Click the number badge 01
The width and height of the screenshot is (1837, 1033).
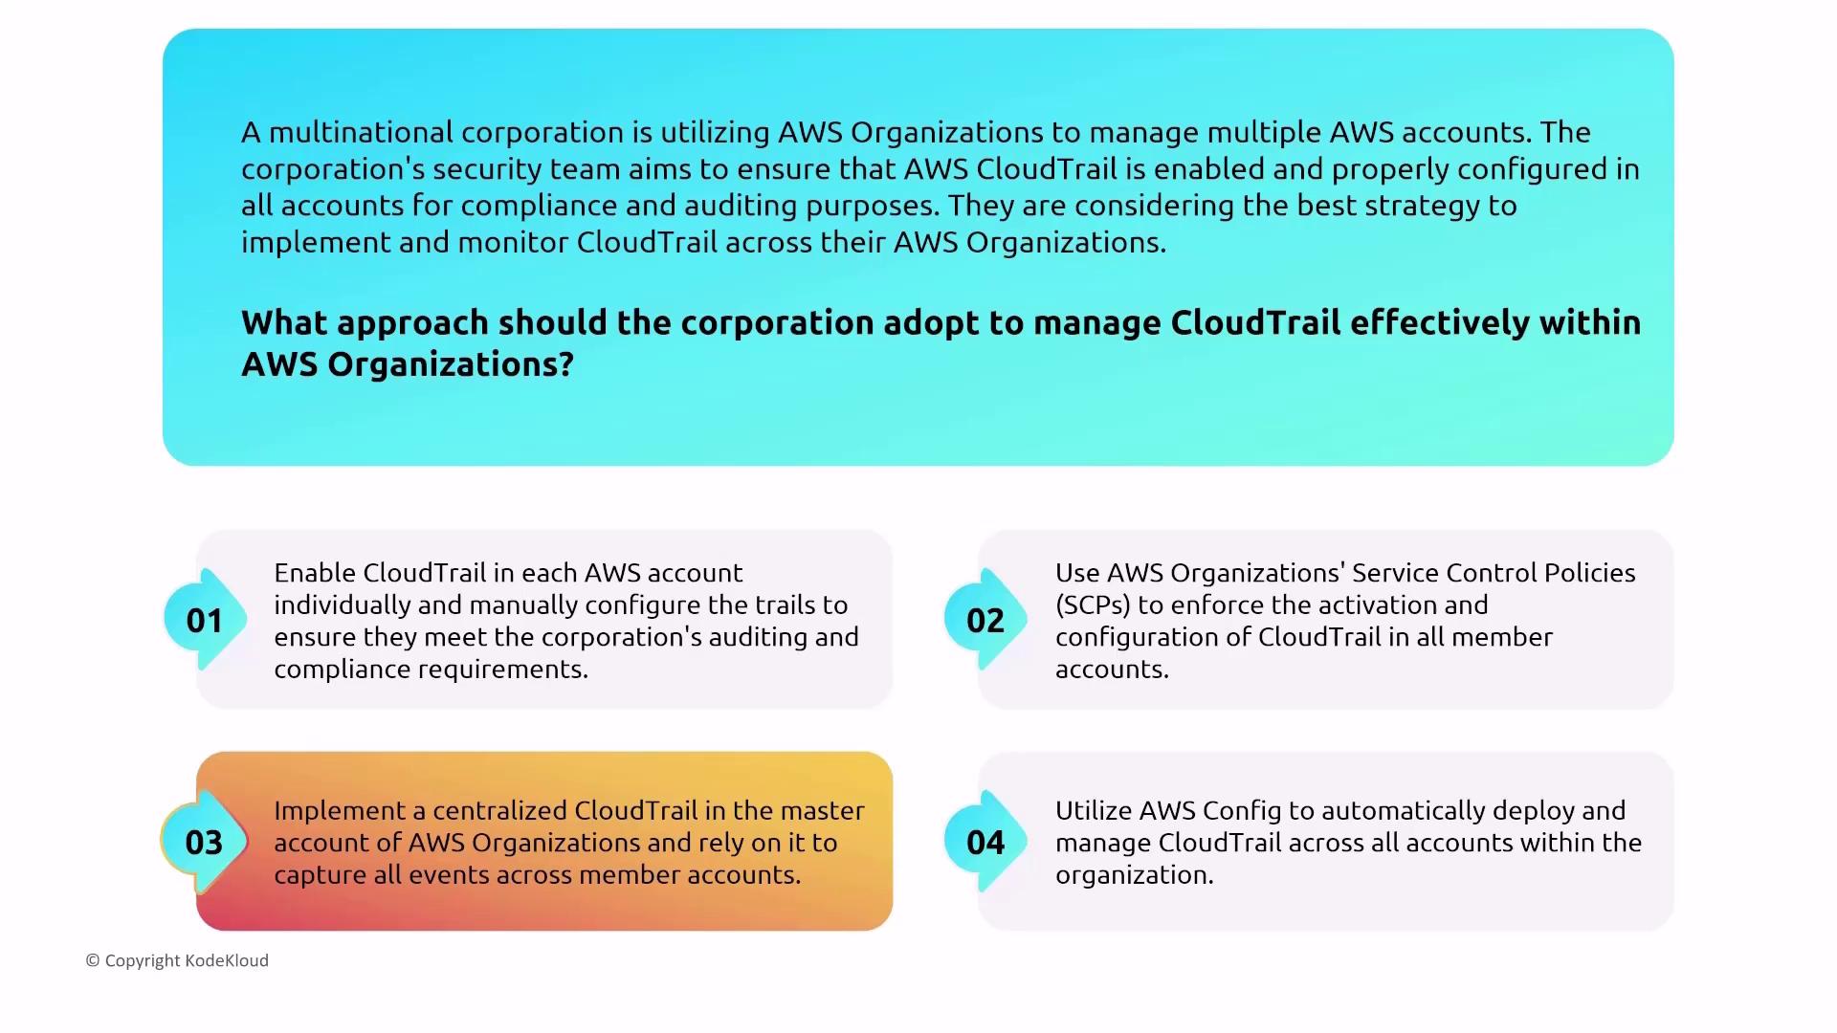tap(205, 620)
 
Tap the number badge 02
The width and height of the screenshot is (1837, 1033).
tap(985, 620)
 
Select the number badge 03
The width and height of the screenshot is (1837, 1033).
tap(205, 842)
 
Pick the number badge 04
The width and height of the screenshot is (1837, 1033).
tap(985, 842)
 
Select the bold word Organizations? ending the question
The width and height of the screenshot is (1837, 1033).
tap(451, 364)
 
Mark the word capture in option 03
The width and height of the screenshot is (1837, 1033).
tap(321, 875)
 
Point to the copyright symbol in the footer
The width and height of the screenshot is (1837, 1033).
tap(93, 960)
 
